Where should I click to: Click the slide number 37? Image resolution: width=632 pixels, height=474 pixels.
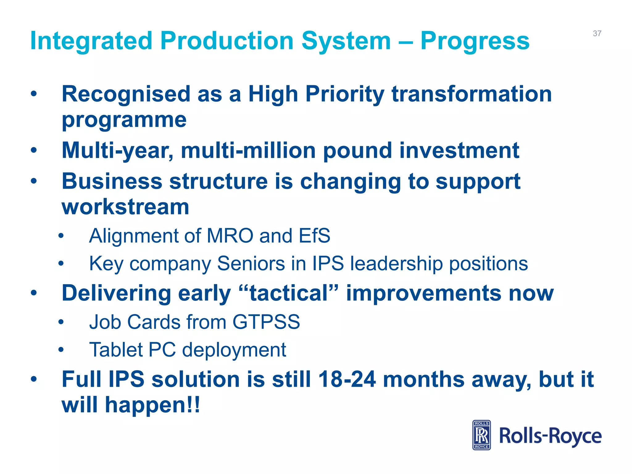[597, 33]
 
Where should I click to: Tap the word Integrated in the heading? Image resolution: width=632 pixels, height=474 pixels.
[91, 41]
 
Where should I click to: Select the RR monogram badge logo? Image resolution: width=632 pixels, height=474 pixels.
[481, 435]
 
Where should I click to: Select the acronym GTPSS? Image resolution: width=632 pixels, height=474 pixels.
[266, 322]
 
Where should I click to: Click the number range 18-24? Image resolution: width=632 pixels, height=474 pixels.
[347, 379]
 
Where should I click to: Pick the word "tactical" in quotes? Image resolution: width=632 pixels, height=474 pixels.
[289, 293]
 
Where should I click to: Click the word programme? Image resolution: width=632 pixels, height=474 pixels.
[124, 120]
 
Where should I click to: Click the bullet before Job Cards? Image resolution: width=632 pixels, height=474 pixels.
[61, 322]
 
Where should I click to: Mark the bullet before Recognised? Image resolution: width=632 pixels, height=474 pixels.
[34, 94]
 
